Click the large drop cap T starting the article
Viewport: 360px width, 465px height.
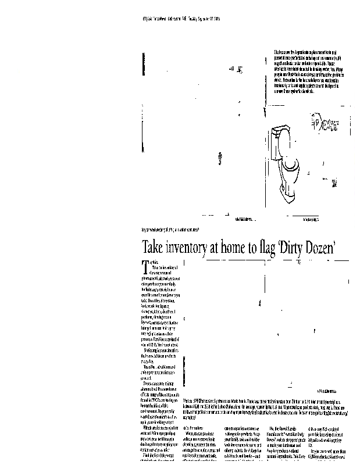tap(145, 267)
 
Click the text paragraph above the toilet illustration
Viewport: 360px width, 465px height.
tap(311, 73)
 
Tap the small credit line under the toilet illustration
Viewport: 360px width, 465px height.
tap(314, 218)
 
